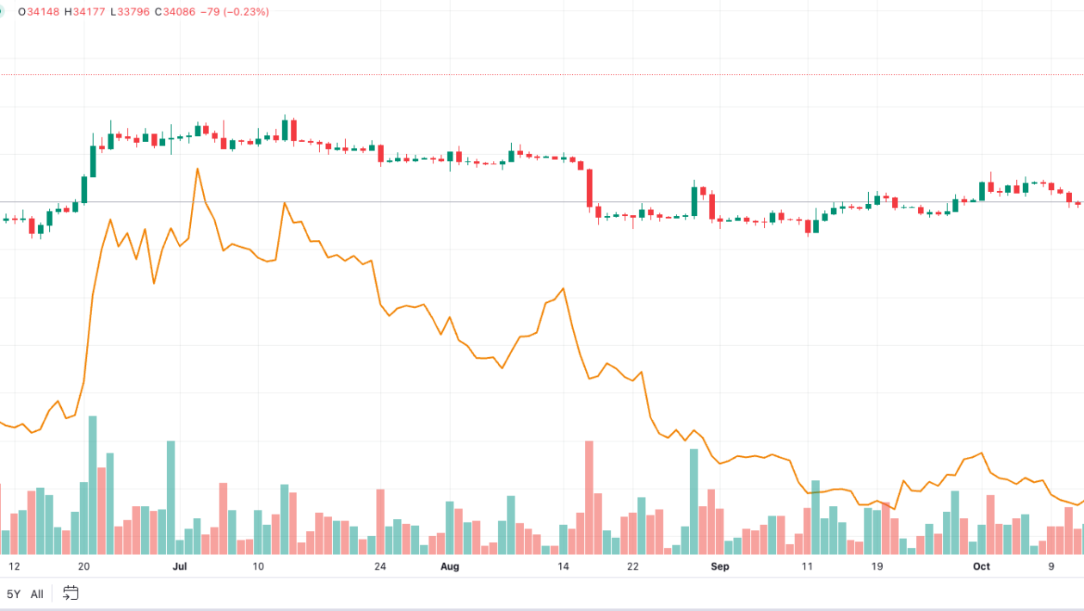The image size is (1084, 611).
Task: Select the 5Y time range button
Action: [14, 594]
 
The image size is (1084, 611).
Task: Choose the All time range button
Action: [37, 594]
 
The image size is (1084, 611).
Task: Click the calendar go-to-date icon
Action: [71, 593]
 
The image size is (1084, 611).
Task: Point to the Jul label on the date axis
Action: [180, 566]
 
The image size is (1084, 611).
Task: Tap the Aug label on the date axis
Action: [450, 566]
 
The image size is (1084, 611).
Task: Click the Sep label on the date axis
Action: [720, 566]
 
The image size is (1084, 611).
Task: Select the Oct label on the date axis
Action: [981, 566]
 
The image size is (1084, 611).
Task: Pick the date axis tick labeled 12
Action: [14, 566]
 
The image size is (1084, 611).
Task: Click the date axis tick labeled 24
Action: [380, 566]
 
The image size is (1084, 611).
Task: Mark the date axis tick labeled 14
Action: [564, 566]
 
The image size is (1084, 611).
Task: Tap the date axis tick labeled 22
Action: [633, 566]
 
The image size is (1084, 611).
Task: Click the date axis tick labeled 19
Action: [877, 566]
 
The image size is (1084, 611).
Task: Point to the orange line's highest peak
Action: [197, 169]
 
